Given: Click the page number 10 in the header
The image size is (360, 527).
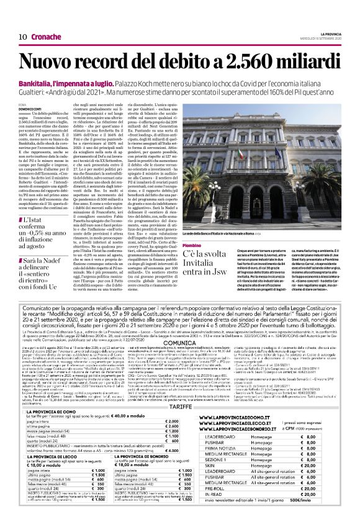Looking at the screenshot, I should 13,37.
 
